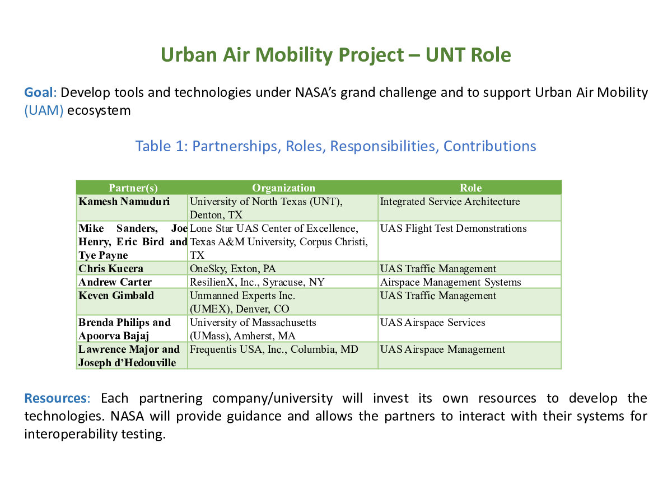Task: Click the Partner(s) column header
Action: tap(133, 188)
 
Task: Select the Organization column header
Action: tap(283, 188)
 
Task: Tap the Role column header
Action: tap(470, 188)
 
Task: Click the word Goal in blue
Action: tap(39, 92)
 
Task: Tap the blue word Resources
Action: tap(55, 398)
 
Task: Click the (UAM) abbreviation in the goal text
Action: tap(44, 110)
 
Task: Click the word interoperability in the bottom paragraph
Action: tap(71, 434)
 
